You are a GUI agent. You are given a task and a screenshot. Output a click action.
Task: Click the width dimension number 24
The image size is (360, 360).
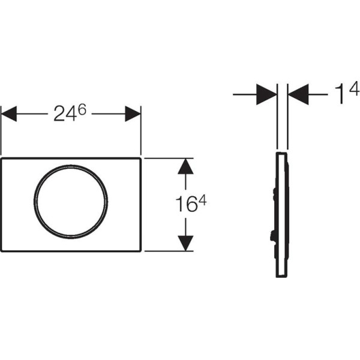point(65,113)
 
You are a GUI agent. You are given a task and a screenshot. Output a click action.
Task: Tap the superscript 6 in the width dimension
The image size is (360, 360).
point(82,110)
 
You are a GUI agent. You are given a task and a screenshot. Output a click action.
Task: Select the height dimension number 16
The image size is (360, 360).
point(186,205)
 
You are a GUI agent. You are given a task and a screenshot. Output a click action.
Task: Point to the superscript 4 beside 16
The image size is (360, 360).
point(203,201)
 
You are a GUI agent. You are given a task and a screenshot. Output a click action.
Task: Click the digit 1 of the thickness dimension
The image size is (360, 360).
point(340,94)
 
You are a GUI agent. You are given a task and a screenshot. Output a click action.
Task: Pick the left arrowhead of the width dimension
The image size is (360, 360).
point(9,113)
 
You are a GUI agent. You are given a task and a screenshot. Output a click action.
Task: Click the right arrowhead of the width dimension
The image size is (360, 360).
point(133,113)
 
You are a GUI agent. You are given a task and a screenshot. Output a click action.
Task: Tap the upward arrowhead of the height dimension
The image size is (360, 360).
point(185,166)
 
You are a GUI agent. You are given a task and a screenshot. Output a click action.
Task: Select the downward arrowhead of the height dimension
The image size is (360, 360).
point(185,244)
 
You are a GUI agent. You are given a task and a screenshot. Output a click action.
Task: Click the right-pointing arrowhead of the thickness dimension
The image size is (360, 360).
point(266,94)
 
